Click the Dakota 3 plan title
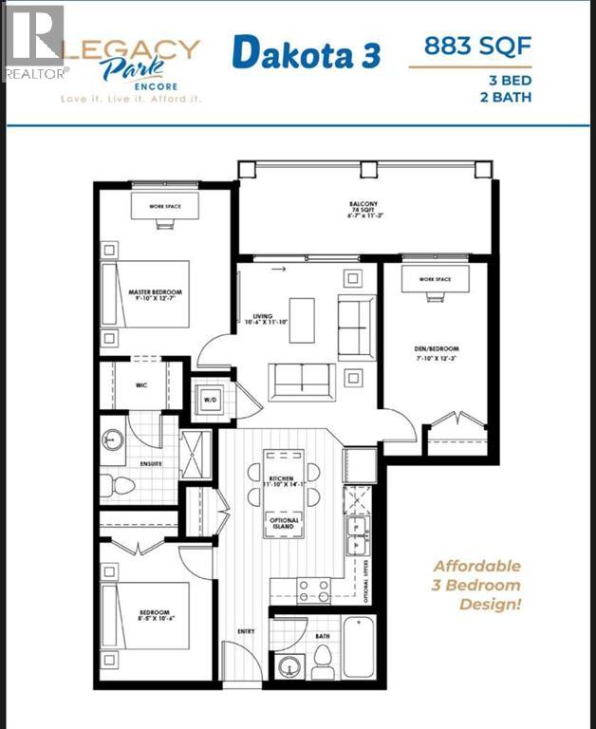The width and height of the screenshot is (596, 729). point(306,54)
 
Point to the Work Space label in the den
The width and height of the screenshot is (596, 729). point(436,279)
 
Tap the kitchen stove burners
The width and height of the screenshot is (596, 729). point(314,590)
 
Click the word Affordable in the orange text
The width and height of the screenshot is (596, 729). point(477,567)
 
